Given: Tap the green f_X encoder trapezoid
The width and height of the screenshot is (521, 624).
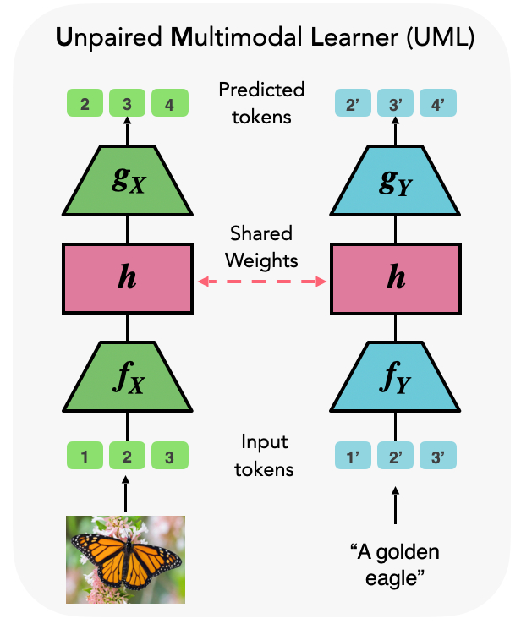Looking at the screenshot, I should point(127,378).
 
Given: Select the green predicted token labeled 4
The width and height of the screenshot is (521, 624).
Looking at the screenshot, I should point(170,106).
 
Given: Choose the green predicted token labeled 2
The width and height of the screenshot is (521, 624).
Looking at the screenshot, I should point(85,106).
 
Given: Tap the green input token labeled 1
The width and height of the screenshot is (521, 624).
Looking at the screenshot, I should point(85,458).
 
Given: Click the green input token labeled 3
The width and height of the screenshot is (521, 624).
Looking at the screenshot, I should point(170,458).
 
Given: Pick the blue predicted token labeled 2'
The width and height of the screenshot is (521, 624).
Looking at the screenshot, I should point(353,106).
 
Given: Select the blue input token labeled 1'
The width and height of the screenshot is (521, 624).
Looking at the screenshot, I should point(353,458).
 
